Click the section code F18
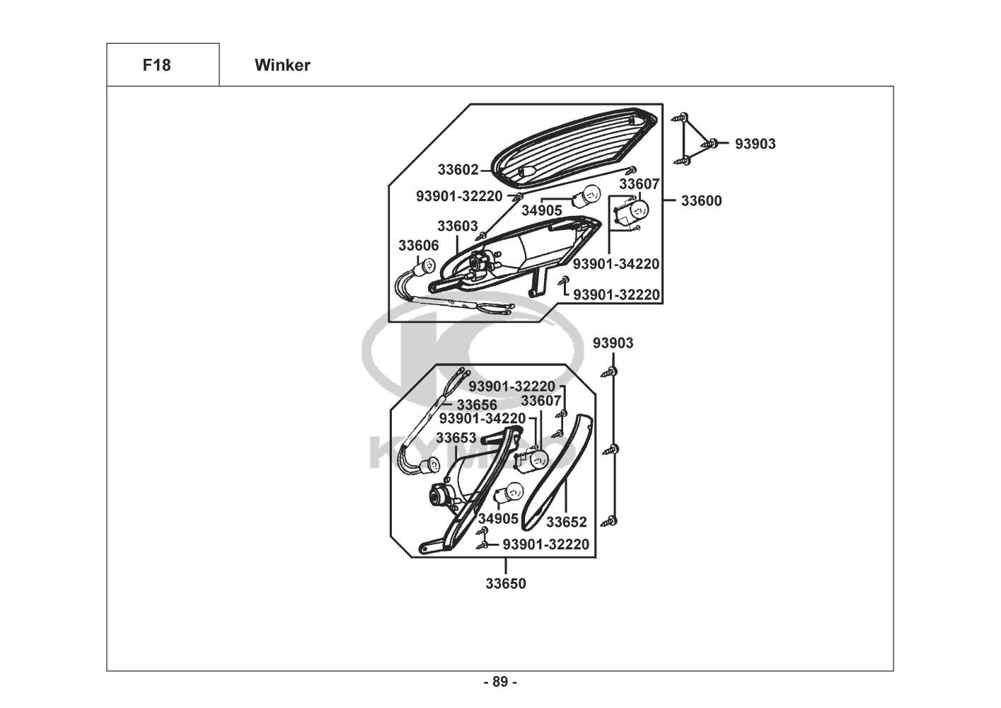[156, 65]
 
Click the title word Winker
[282, 65]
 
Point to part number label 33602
[458, 170]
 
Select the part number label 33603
[457, 227]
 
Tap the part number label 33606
[418, 246]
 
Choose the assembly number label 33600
[701, 201]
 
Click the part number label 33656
[476, 405]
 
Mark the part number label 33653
[456, 438]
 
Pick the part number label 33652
[567, 523]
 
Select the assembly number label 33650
[506, 584]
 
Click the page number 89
[500, 683]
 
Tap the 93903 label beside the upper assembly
[755, 144]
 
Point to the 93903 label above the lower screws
[613, 343]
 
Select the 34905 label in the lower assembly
[498, 519]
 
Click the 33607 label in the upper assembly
[639, 184]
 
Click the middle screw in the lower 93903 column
[613, 449]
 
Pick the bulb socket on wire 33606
[427, 267]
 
